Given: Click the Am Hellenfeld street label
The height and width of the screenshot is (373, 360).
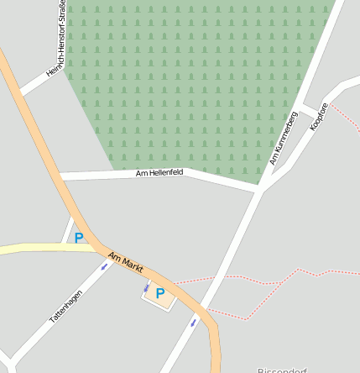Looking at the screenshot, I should [159, 173].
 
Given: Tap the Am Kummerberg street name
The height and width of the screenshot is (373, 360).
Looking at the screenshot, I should [284, 138].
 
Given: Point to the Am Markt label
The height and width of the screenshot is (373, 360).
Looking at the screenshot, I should [126, 262].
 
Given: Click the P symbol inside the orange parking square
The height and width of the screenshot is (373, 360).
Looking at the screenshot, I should [159, 294].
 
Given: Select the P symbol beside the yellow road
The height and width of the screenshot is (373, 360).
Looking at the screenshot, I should [79, 238].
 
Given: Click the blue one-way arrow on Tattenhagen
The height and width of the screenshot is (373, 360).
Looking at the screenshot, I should [105, 266].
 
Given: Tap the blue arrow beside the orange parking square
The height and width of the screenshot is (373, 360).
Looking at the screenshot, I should [146, 288].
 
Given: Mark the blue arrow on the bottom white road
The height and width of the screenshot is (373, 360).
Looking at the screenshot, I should [193, 322].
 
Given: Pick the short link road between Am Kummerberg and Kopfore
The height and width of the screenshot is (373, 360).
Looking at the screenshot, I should [307, 109].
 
